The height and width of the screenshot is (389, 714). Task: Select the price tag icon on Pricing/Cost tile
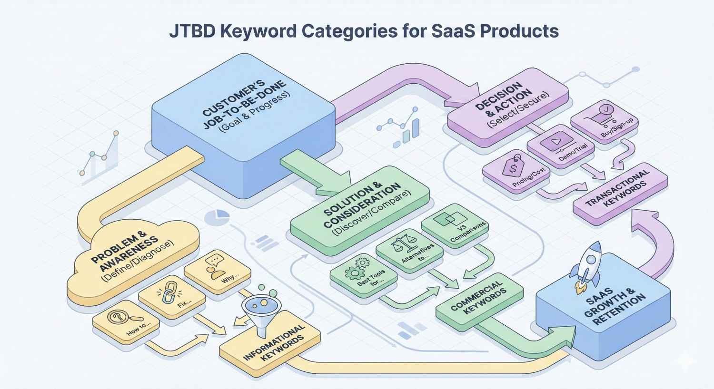pyautogui.click(x=512, y=167)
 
